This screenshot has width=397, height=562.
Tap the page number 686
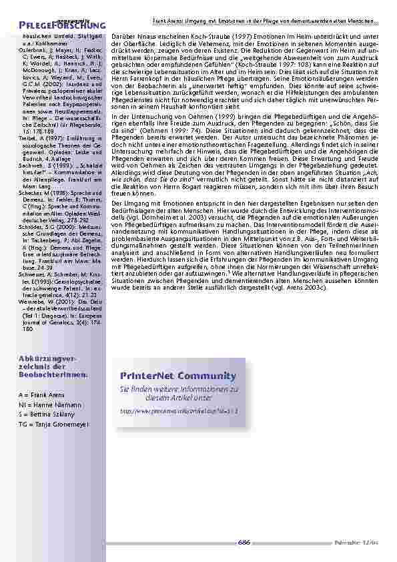(244, 543)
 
